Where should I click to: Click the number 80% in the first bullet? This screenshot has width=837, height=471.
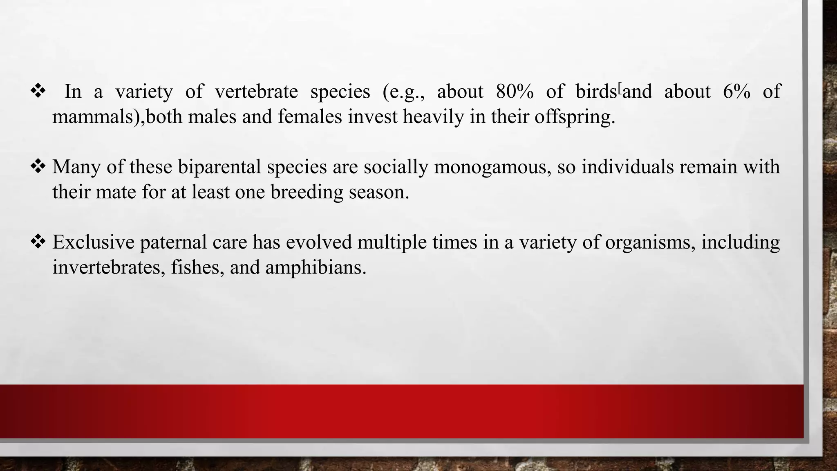(515, 92)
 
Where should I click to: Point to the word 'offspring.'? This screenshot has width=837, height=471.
(575, 117)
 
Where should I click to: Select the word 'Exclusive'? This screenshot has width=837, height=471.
(93, 242)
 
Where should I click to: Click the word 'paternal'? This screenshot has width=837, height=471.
(173, 242)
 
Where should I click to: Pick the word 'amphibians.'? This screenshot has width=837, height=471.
(316, 267)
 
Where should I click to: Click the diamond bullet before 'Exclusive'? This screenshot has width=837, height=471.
(38, 242)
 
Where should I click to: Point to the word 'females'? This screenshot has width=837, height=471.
(310, 117)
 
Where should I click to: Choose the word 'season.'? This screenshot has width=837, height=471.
(379, 192)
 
